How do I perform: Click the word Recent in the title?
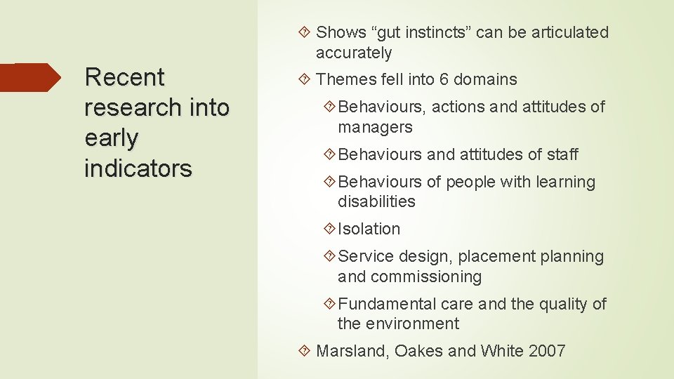coord(124,77)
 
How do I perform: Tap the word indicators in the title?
coord(138,168)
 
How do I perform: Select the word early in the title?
coord(111,138)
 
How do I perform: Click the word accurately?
coord(354,53)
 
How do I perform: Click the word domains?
coord(485,79)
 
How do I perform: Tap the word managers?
coord(375,127)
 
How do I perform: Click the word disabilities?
coord(376,201)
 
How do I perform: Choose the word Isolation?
coord(369,229)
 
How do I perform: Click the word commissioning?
coord(426,277)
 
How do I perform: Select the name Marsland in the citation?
coord(351,351)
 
